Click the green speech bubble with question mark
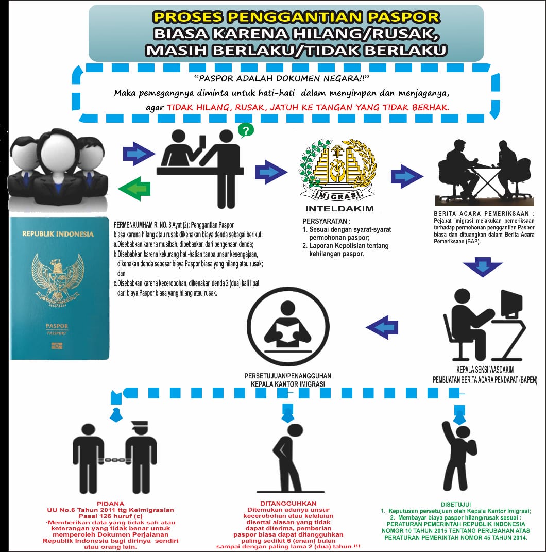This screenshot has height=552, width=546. click(x=246, y=130)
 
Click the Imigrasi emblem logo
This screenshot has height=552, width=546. click(x=338, y=167)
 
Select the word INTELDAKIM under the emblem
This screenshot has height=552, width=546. click(x=338, y=209)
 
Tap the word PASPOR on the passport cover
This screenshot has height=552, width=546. click(x=57, y=326)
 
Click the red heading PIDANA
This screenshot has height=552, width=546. click(x=111, y=503)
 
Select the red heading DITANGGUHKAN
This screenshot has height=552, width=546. click(x=292, y=503)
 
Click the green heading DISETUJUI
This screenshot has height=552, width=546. click(x=456, y=503)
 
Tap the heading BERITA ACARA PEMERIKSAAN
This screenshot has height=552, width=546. click(x=483, y=213)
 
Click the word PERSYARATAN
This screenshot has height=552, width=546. click(x=323, y=221)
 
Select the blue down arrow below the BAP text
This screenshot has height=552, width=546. click(x=483, y=269)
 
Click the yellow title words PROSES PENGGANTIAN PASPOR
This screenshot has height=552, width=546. click(x=297, y=17)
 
